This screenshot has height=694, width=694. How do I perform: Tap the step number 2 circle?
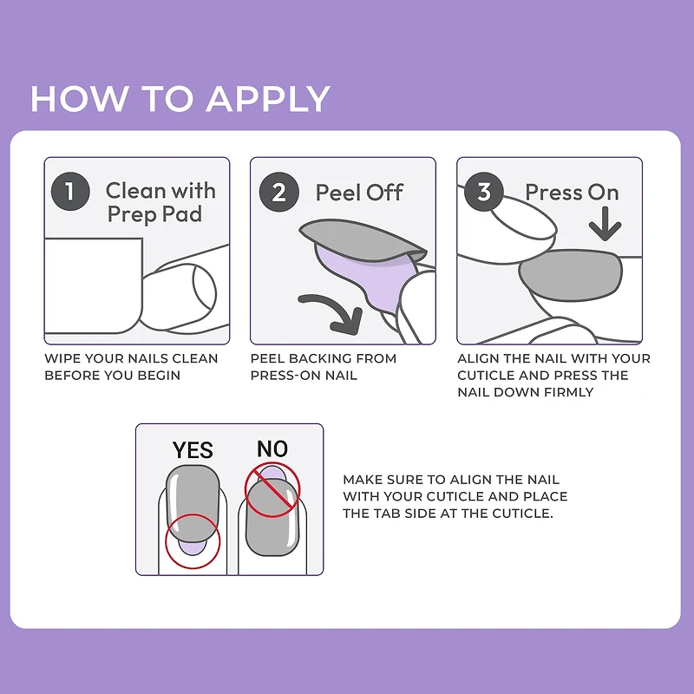[278, 191]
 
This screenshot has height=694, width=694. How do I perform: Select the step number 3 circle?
[484, 191]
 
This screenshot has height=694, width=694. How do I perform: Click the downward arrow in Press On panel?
[606, 226]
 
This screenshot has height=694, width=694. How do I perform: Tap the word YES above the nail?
[193, 450]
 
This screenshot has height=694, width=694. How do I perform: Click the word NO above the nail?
[272, 448]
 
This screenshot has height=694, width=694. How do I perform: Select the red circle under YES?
[193, 541]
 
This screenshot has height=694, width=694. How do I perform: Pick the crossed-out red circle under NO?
[272, 491]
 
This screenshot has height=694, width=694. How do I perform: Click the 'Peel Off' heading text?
[359, 192]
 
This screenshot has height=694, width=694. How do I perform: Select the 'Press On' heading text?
[572, 192]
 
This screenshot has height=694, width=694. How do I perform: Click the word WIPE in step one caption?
[63, 358]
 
